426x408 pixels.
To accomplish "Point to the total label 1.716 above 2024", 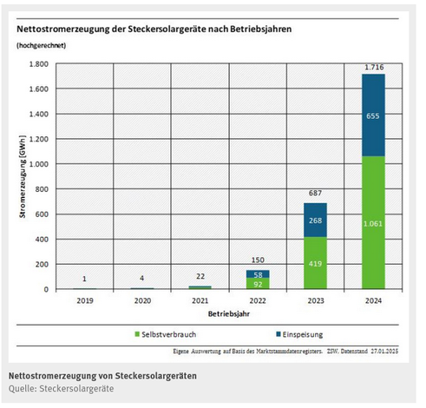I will pos(373,66).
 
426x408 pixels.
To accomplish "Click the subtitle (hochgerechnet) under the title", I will pos(40,45).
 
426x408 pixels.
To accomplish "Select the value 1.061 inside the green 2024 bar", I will pos(373,224).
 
